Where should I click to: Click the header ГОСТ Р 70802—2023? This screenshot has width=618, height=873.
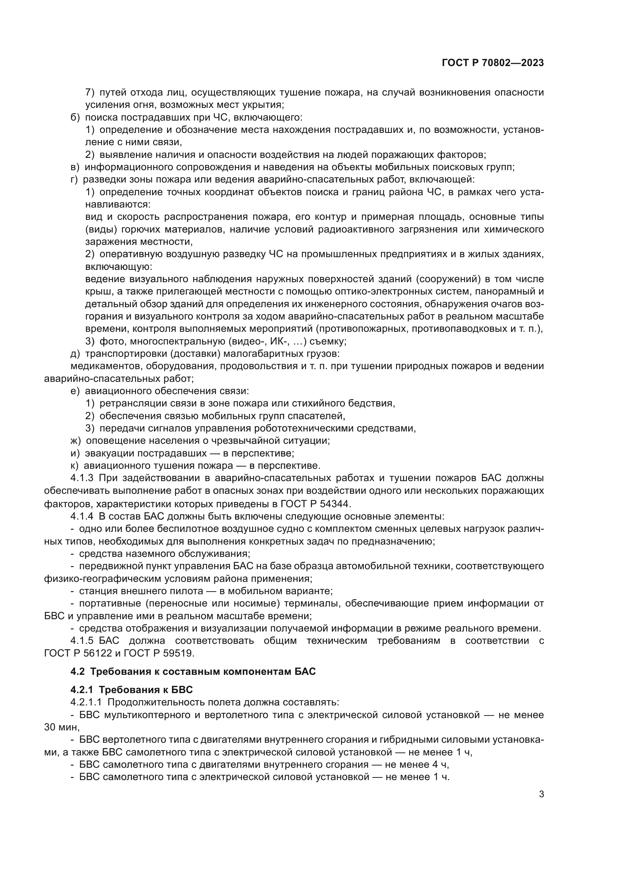point(493,63)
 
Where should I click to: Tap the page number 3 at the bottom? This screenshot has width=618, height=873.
point(541,794)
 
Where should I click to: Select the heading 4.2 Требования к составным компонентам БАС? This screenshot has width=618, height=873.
point(193,671)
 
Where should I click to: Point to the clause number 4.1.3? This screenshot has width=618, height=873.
point(82,478)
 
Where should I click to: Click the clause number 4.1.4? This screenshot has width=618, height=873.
point(82,516)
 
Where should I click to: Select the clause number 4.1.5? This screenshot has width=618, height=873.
point(82,641)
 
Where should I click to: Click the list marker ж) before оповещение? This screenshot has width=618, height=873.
point(76,441)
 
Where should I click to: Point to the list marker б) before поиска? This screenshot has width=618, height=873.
point(75,117)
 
